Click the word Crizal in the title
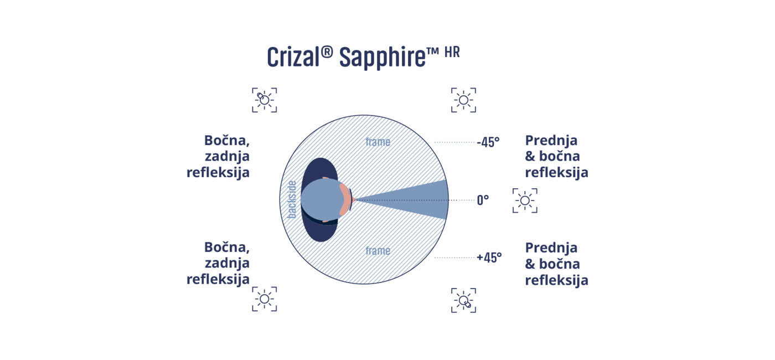(x=293, y=56)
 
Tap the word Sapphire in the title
(x=383, y=58)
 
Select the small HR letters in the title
(x=452, y=52)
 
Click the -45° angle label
(x=488, y=142)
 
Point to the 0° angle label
(x=483, y=200)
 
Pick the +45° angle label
(x=489, y=258)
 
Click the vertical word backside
(x=292, y=200)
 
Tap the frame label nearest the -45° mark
(x=378, y=142)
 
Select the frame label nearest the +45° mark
(x=378, y=250)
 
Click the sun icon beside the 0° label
(x=525, y=200)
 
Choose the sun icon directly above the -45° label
(x=464, y=100)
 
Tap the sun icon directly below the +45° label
(x=464, y=300)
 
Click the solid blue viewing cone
(x=415, y=200)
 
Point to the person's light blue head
(x=320, y=200)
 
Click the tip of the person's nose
(x=355, y=200)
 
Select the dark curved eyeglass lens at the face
(x=350, y=200)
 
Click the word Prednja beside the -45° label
(x=551, y=140)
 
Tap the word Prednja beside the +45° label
(x=551, y=248)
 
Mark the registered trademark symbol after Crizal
(x=327, y=52)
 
